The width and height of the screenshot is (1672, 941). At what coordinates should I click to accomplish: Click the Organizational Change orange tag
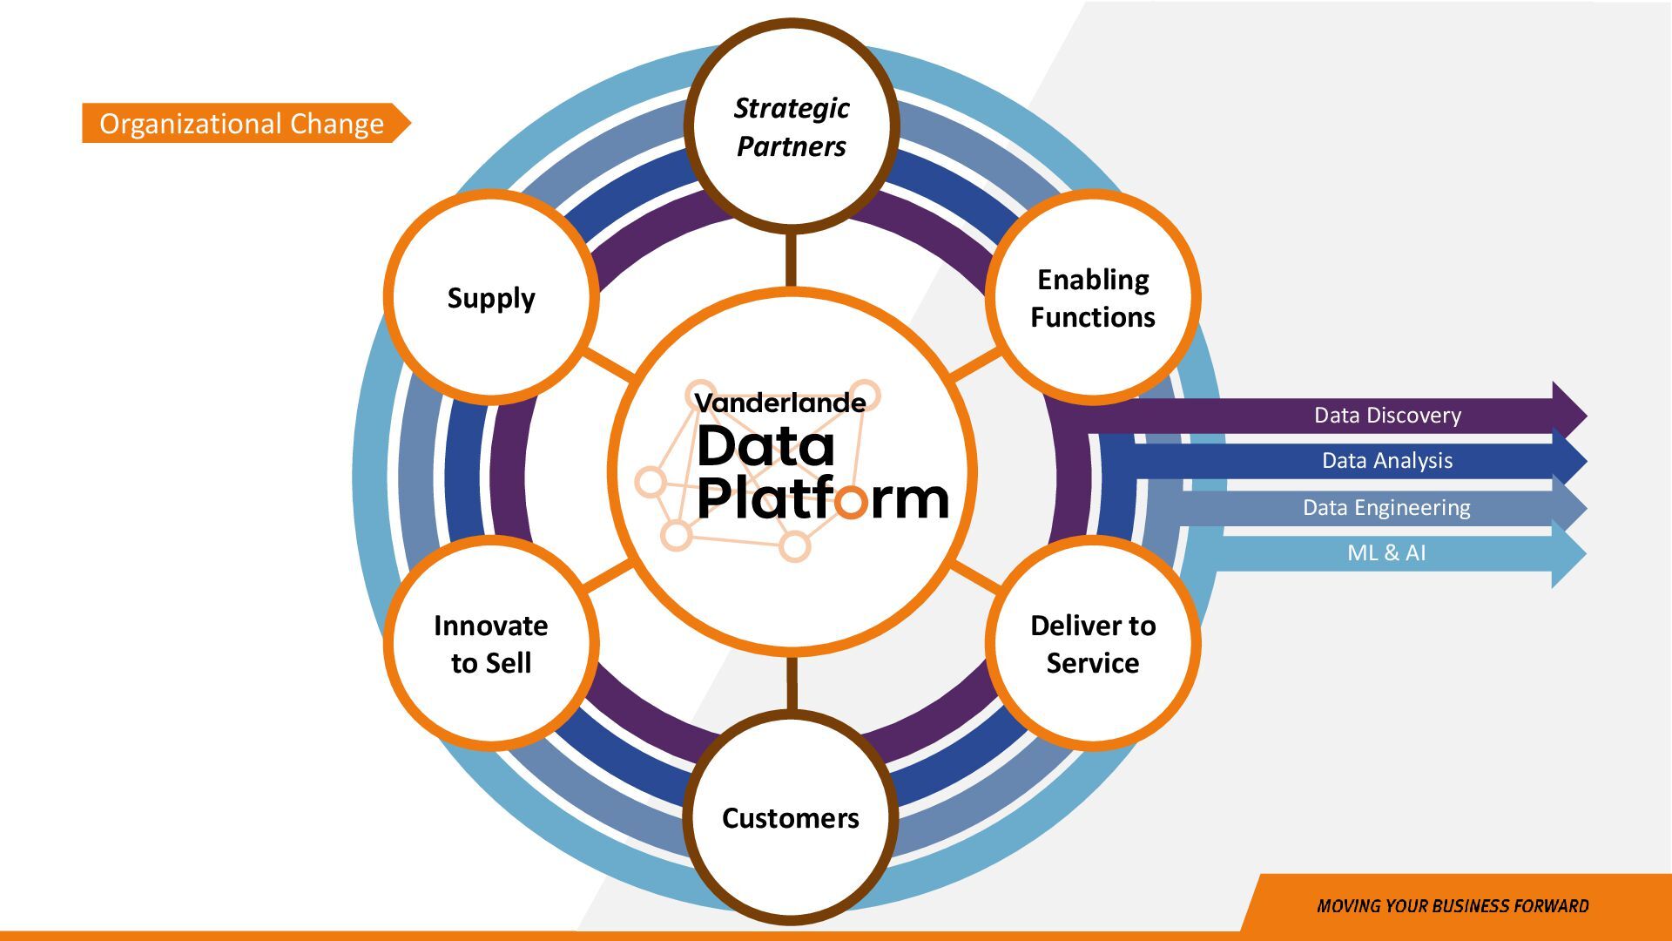coord(241,124)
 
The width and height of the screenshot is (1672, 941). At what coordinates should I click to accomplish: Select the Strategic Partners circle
coord(791,127)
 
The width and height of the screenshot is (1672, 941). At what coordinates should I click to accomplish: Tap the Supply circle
coord(491,298)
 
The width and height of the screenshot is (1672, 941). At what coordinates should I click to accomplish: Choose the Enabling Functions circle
coord(1093,298)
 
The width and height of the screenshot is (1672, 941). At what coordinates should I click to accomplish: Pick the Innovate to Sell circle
coord(491,644)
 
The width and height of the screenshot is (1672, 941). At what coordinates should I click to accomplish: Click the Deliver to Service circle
coord(1093,644)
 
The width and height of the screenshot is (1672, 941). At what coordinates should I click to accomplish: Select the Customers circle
coord(791,817)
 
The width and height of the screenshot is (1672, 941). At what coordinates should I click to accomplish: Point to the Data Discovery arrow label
coord(1387,416)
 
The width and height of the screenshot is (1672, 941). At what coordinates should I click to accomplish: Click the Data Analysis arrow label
coord(1387,461)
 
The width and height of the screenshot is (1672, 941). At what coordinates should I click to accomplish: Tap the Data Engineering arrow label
coord(1386,508)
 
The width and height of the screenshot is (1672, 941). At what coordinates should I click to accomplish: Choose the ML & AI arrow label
coord(1386,553)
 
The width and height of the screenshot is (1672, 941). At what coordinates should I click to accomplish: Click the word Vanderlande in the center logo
coord(779,403)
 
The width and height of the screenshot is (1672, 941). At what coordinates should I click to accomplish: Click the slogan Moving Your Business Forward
coord(1453,906)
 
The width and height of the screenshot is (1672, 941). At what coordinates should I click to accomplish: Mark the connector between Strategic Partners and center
coord(791,260)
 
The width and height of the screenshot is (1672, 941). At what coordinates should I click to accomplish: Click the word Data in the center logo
coord(765,447)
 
